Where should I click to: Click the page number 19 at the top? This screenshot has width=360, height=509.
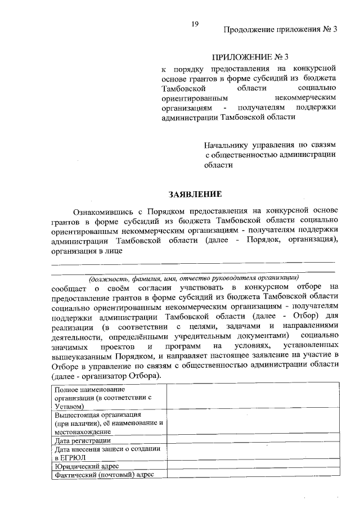click(x=195, y=23)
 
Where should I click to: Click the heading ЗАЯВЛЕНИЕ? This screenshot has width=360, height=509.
click(x=196, y=195)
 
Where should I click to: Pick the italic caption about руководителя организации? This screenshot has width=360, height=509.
click(x=192, y=278)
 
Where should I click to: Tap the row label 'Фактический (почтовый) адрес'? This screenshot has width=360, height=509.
click(x=104, y=475)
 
